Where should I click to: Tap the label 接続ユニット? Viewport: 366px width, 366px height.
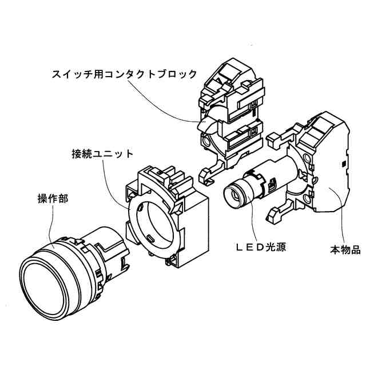(x=102, y=154)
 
